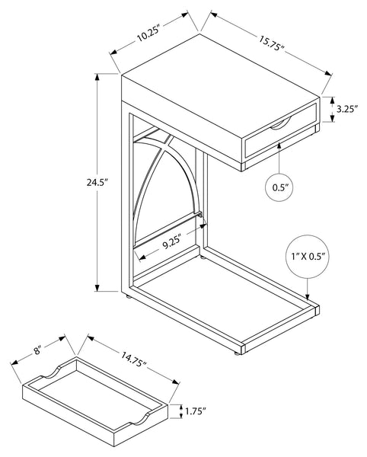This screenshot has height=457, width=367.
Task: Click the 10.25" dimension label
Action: (x=148, y=34)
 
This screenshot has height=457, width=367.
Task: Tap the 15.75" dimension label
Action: (x=271, y=43)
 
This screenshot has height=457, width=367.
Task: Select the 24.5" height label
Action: (x=97, y=183)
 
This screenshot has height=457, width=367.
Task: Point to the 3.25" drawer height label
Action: (x=347, y=109)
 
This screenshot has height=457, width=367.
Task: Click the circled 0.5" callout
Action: (x=279, y=187)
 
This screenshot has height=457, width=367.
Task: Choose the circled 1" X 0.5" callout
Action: (x=308, y=257)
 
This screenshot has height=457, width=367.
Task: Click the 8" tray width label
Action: (x=37, y=350)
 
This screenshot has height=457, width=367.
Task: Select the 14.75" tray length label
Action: (x=133, y=360)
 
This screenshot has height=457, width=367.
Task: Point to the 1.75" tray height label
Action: (x=196, y=411)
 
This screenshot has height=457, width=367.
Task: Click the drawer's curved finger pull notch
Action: (x=280, y=123)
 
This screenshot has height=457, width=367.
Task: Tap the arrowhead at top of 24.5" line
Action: (x=97, y=78)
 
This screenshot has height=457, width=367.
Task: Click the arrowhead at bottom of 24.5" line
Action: (x=97, y=287)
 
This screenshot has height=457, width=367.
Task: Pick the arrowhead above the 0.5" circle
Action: (x=279, y=145)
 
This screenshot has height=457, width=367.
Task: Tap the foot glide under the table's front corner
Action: (x=238, y=353)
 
